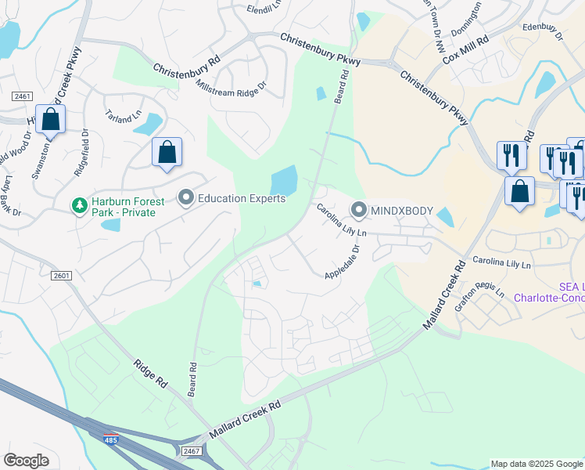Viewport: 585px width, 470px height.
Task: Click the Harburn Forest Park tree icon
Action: click(x=78, y=207)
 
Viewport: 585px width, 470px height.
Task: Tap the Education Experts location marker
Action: click(x=186, y=198)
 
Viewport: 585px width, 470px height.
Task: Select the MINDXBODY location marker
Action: click(x=359, y=209)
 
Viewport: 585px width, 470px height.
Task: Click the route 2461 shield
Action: click(x=22, y=96)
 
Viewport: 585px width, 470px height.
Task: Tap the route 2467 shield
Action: click(x=192, y=450)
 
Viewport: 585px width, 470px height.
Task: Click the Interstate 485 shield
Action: click(x=111, y=439)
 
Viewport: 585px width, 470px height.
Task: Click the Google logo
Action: click(x=27, y=461)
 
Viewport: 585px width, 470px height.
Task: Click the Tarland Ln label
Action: click(x=124, y=117)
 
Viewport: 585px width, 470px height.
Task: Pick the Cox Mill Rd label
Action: click(x=466, y=49)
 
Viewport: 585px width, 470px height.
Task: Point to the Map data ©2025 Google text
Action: click(x=537, y=464)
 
